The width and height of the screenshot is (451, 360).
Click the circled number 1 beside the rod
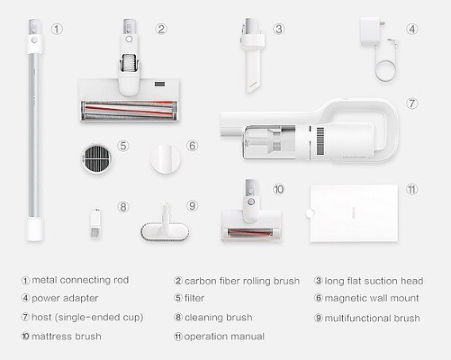pyautogui.click(x=57, y=30)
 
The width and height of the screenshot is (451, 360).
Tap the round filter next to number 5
pyautogui.click(x=96, y=159)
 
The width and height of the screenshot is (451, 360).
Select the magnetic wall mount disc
pyautogui.click(x=165, y=159)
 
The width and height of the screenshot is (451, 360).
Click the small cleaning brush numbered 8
pyautogui.click(x=95, y=223)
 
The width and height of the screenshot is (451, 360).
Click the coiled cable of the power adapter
pyautogui.click(x=385, y=70)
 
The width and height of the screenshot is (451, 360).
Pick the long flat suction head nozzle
pyautogui.click(x=252, y=56)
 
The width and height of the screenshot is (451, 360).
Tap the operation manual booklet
pyautogui.click(x=354, y=213)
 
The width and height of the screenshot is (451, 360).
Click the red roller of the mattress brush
pyautogui.click(x=250, y=232)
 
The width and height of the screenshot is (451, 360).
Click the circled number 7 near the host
pyautogui.click(x=411, y=103)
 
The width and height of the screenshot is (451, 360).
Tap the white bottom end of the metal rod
pyautogui.click(x=34, y=229)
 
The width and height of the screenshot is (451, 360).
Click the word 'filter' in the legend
pyautogui.click(x=194, y=298)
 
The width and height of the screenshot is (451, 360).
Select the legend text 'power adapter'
pyautogui.click(x=65, y=299)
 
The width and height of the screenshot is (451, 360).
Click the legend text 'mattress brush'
pyautogui.click(x=67, y=337)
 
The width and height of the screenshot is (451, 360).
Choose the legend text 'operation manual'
pyautogui.click(x=224, y=337)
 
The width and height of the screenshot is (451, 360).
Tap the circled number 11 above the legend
pyautogui.click(x=411, y=189)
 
